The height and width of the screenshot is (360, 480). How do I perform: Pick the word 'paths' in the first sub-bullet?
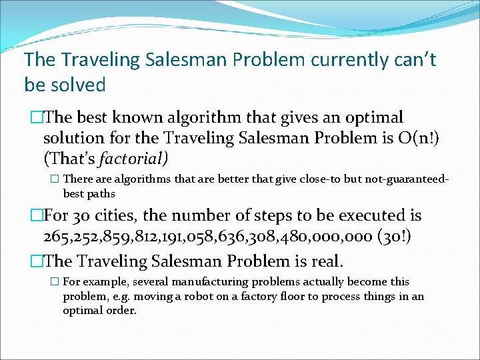tap(98, 193)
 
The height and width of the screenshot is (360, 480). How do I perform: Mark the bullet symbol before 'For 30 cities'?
tap(37, 216)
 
